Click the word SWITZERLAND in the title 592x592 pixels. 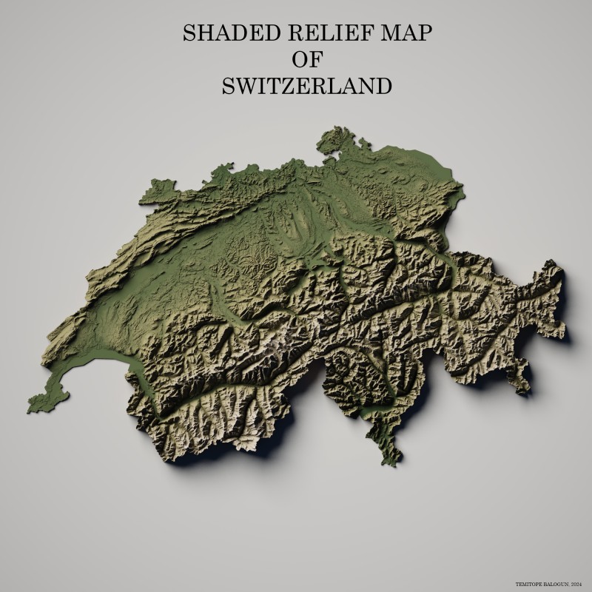306,86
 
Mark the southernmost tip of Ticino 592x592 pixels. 395,462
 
